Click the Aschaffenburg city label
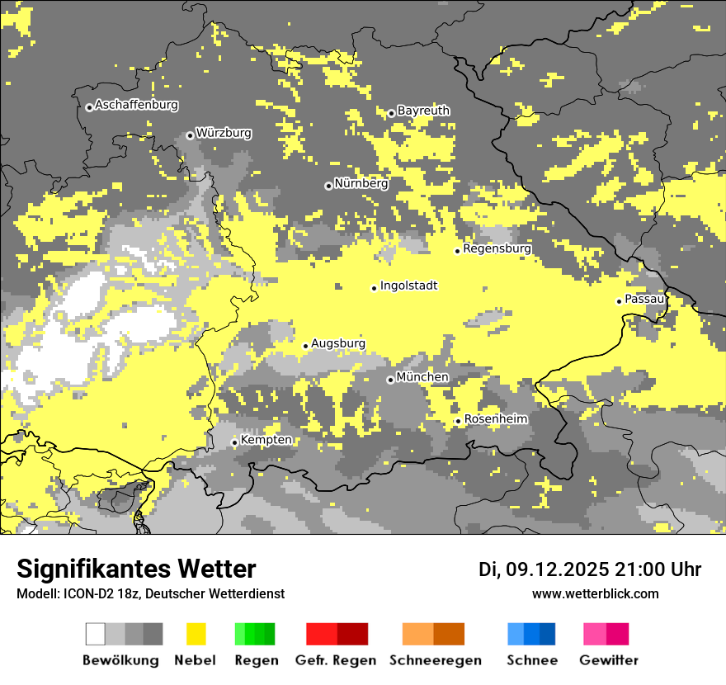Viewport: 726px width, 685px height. click(x=136, y=105)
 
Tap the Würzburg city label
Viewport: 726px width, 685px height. click(x=224, y=133)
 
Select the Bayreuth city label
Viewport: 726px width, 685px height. click(x=423, y=111)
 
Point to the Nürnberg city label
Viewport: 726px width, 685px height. click(x=361, y=183)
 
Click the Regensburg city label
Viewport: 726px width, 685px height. click(x=497, y=248)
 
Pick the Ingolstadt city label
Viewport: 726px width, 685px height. click(x=408, y=286)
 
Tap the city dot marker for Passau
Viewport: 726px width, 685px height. click(x=619, y=301)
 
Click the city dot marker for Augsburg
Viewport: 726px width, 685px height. click(x=305, y=346)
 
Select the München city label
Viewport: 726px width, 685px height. click(x=422, y=377)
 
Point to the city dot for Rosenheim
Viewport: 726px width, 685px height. click(x=458, y=422)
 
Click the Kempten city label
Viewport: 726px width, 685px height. click(x=266, y=440)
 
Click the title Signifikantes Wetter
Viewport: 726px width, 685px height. click(x=136, y=569)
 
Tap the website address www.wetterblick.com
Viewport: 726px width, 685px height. click(x=595, y=593)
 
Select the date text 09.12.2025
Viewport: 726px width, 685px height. click(x=557, y=569)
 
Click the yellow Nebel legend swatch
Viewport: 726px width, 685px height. click(x=196, y=634)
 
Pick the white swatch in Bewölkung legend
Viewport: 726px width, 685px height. click(x=96, y=634)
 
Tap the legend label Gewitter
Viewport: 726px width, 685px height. click(x=608, y=660)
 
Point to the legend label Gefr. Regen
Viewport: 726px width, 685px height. click(x=335, y=660)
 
